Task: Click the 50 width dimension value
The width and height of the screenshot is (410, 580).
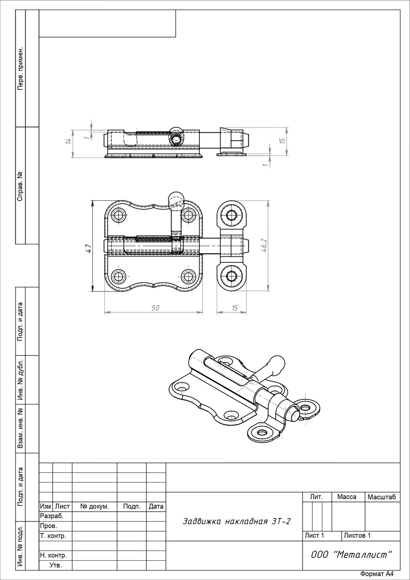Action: [155, 308]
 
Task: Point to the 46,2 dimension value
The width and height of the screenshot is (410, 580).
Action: [264, 245]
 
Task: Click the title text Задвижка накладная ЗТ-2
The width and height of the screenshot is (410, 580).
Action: [236, 521]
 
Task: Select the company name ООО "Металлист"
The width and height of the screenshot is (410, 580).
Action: [351, 554]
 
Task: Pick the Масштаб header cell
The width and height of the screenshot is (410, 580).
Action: [382, 497]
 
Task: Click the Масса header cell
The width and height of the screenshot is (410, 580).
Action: [347, 497]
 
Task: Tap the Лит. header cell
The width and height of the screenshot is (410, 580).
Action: [316, 497]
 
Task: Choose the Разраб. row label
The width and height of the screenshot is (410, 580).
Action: [52, 516]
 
